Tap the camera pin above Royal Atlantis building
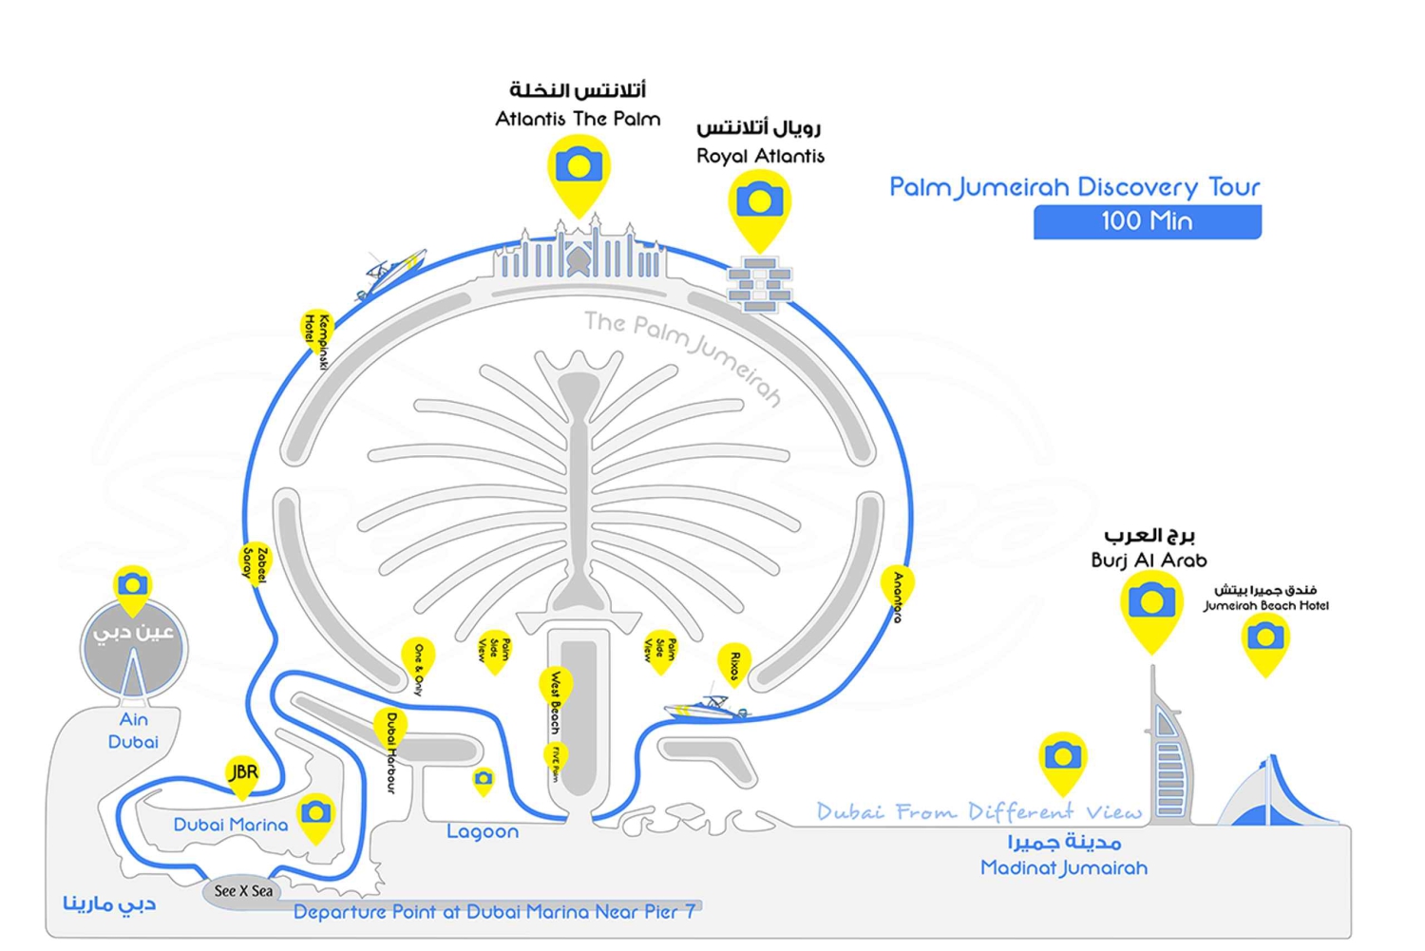pos(759,202)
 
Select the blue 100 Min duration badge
pos(1147,222)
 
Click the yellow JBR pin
pos(243,773)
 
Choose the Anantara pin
pos(897,589)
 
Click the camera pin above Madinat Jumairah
pos(1062,757)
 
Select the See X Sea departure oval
pos(243,891)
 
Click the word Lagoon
pos(483,832)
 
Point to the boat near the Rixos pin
pos(706,707)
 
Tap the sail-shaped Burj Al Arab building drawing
pos(1168,751)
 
